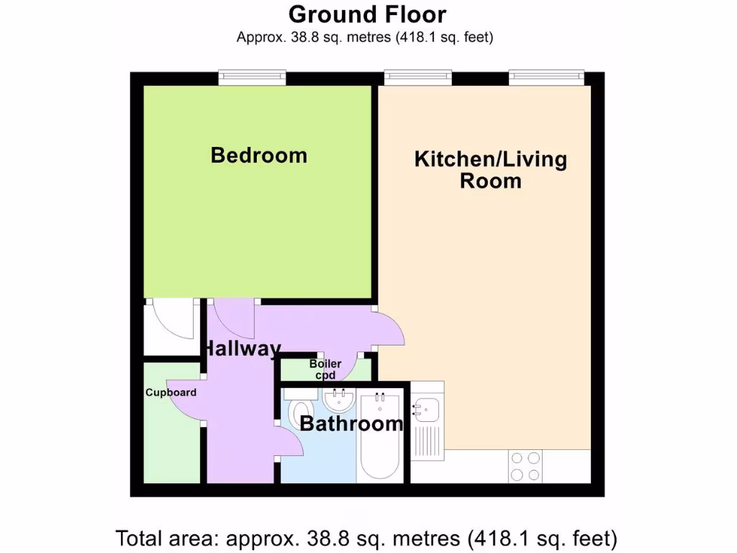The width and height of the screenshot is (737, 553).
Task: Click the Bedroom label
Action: [258, 155]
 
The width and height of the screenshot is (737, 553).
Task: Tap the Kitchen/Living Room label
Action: [490, 169]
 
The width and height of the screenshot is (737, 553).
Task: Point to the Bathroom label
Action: [351, 423]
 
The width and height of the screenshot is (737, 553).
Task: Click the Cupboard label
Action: [171, 392]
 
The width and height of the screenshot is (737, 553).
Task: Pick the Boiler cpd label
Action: [325, 369]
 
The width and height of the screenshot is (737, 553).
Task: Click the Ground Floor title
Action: [367, 14]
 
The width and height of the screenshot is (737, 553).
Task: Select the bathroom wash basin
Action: [338, 400]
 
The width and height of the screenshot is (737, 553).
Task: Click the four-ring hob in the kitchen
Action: [525, 466]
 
